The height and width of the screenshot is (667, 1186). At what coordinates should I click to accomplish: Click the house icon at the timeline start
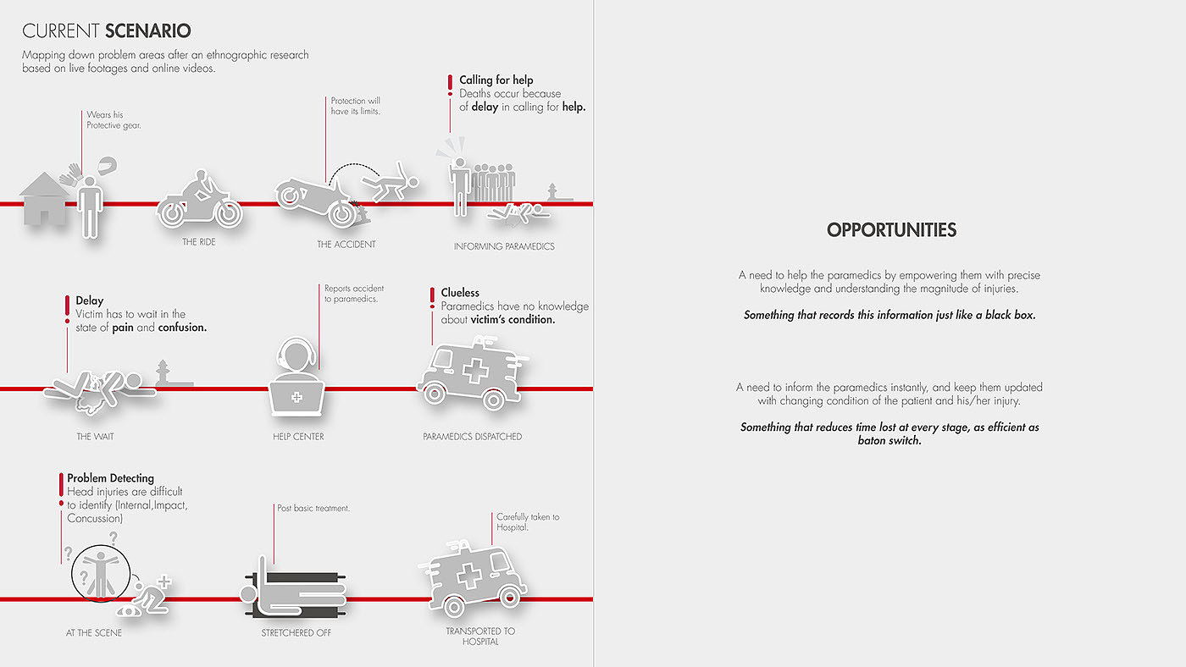(x=44, y=199)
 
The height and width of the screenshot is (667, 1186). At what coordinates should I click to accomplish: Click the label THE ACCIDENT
(x=346, y=245)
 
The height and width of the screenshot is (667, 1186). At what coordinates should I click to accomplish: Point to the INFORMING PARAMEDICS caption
(x=504, y=246)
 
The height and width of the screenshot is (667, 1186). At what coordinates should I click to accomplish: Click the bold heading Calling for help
(x=496, y=80)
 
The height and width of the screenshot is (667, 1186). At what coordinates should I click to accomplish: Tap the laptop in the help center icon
(x=296, y=395)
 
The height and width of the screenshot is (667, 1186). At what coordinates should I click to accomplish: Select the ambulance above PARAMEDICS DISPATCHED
(x=472, y=372)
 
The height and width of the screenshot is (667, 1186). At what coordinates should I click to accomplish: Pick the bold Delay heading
(x=89, y=300)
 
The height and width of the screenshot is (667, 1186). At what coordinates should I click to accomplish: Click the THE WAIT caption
(x=96, y=437)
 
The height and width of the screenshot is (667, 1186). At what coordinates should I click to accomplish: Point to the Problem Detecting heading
(x=110, y=478)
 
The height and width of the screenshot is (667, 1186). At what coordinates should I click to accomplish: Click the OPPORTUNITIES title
(x=891, y=230)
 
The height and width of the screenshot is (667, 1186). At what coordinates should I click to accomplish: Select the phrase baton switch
(x=889, y=441)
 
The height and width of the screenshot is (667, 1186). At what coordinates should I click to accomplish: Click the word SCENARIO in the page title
(x=148, y=31)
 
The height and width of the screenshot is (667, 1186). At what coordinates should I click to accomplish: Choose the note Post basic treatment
(x=313, y=508)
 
